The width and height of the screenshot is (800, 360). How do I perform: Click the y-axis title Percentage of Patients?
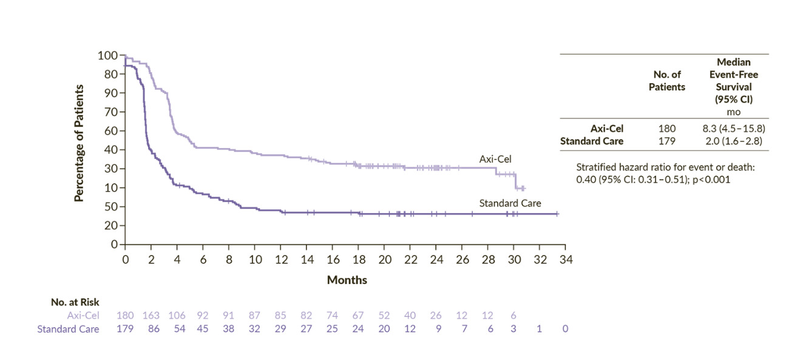pyautogui.click(x=79, y=143)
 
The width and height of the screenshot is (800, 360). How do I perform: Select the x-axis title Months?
pyautogui.click(x=347, y=280)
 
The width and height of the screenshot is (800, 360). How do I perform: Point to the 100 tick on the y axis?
pyautogui.click(x=107, y=55)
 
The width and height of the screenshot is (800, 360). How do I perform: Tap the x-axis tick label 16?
pyautogui.click(x=333, y=260)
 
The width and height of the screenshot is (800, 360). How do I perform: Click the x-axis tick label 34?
pyautogui.click(x=566, y=260)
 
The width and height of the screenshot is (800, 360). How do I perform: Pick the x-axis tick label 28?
pyautogui.click(x=488, y=260)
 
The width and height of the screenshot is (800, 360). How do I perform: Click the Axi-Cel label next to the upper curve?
pyautogui.click(x=496, y=159)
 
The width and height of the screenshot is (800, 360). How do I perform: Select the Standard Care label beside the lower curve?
pyautogui.click(x=510, y=203)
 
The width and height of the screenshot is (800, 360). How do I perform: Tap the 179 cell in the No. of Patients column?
pyautogui.click(x=667, y=141)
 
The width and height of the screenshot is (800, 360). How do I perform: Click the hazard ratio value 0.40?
pyautogui.click(x=585, y=180)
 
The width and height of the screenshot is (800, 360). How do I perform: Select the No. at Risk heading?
pyautogui.click(x=75, y=302)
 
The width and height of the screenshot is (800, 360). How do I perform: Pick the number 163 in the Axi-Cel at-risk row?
pyautogui.click(x=151, y=316)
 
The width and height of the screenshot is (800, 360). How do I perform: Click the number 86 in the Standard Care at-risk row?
pyautogui.click(x=151, y=329)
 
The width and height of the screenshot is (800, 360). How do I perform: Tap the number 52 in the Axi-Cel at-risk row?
pyautogui.click(x=384, y=316)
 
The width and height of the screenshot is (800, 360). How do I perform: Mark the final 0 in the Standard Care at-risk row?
pyautogui.click(x=566, y=329)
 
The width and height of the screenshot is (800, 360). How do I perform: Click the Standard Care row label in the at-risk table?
pyautogui.click(x=68, y=329)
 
